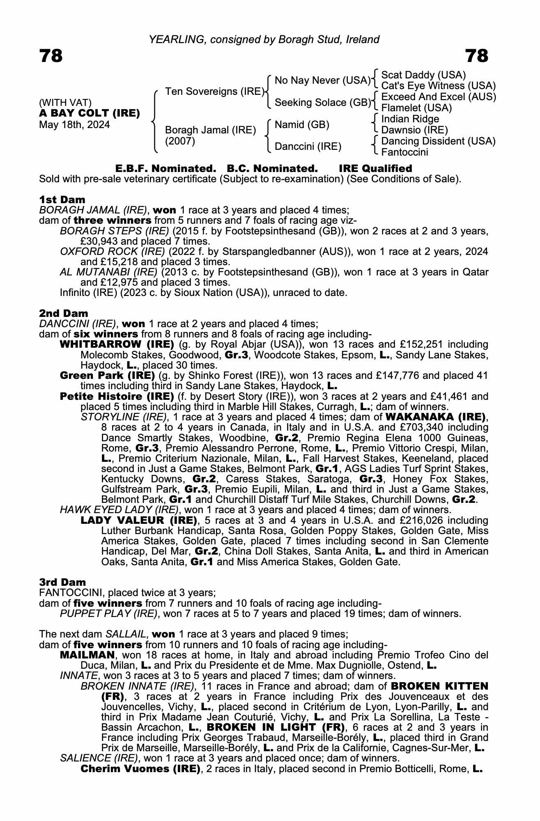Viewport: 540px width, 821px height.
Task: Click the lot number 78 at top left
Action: [x=51, y=56]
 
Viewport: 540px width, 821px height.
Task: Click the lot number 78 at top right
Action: [x=477, y=56]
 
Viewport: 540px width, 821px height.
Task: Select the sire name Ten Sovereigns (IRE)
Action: [x=214, y=91]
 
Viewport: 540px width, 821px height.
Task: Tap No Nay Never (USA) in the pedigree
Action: [x=322, y=80]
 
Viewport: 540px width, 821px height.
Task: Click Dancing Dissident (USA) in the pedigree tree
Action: [x=438, y=141]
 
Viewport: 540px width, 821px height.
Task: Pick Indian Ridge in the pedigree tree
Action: [x=410, y=119]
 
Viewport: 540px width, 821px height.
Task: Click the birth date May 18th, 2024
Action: [x=74, y=125]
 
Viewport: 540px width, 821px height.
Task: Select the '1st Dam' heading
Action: [x=62, y=200]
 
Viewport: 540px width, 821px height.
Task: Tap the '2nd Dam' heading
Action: [x=63, y=314]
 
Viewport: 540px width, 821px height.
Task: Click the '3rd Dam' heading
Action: [x=62, y=582]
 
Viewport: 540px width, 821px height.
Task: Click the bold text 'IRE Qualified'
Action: [x=375, y=169]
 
